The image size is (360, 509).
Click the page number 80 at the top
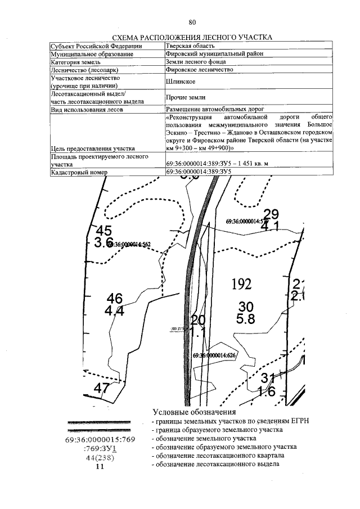click(192, 22)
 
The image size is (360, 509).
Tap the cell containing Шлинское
click(180, 82)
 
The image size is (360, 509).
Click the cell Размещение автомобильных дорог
click(215, 109)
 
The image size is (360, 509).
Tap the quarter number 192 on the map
click(241, 284)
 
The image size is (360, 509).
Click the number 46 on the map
click(114, 299)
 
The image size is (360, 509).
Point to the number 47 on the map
click(101, 388)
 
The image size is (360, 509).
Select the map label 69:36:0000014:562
click(129, 244)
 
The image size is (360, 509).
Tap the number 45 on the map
click(104, 231)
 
